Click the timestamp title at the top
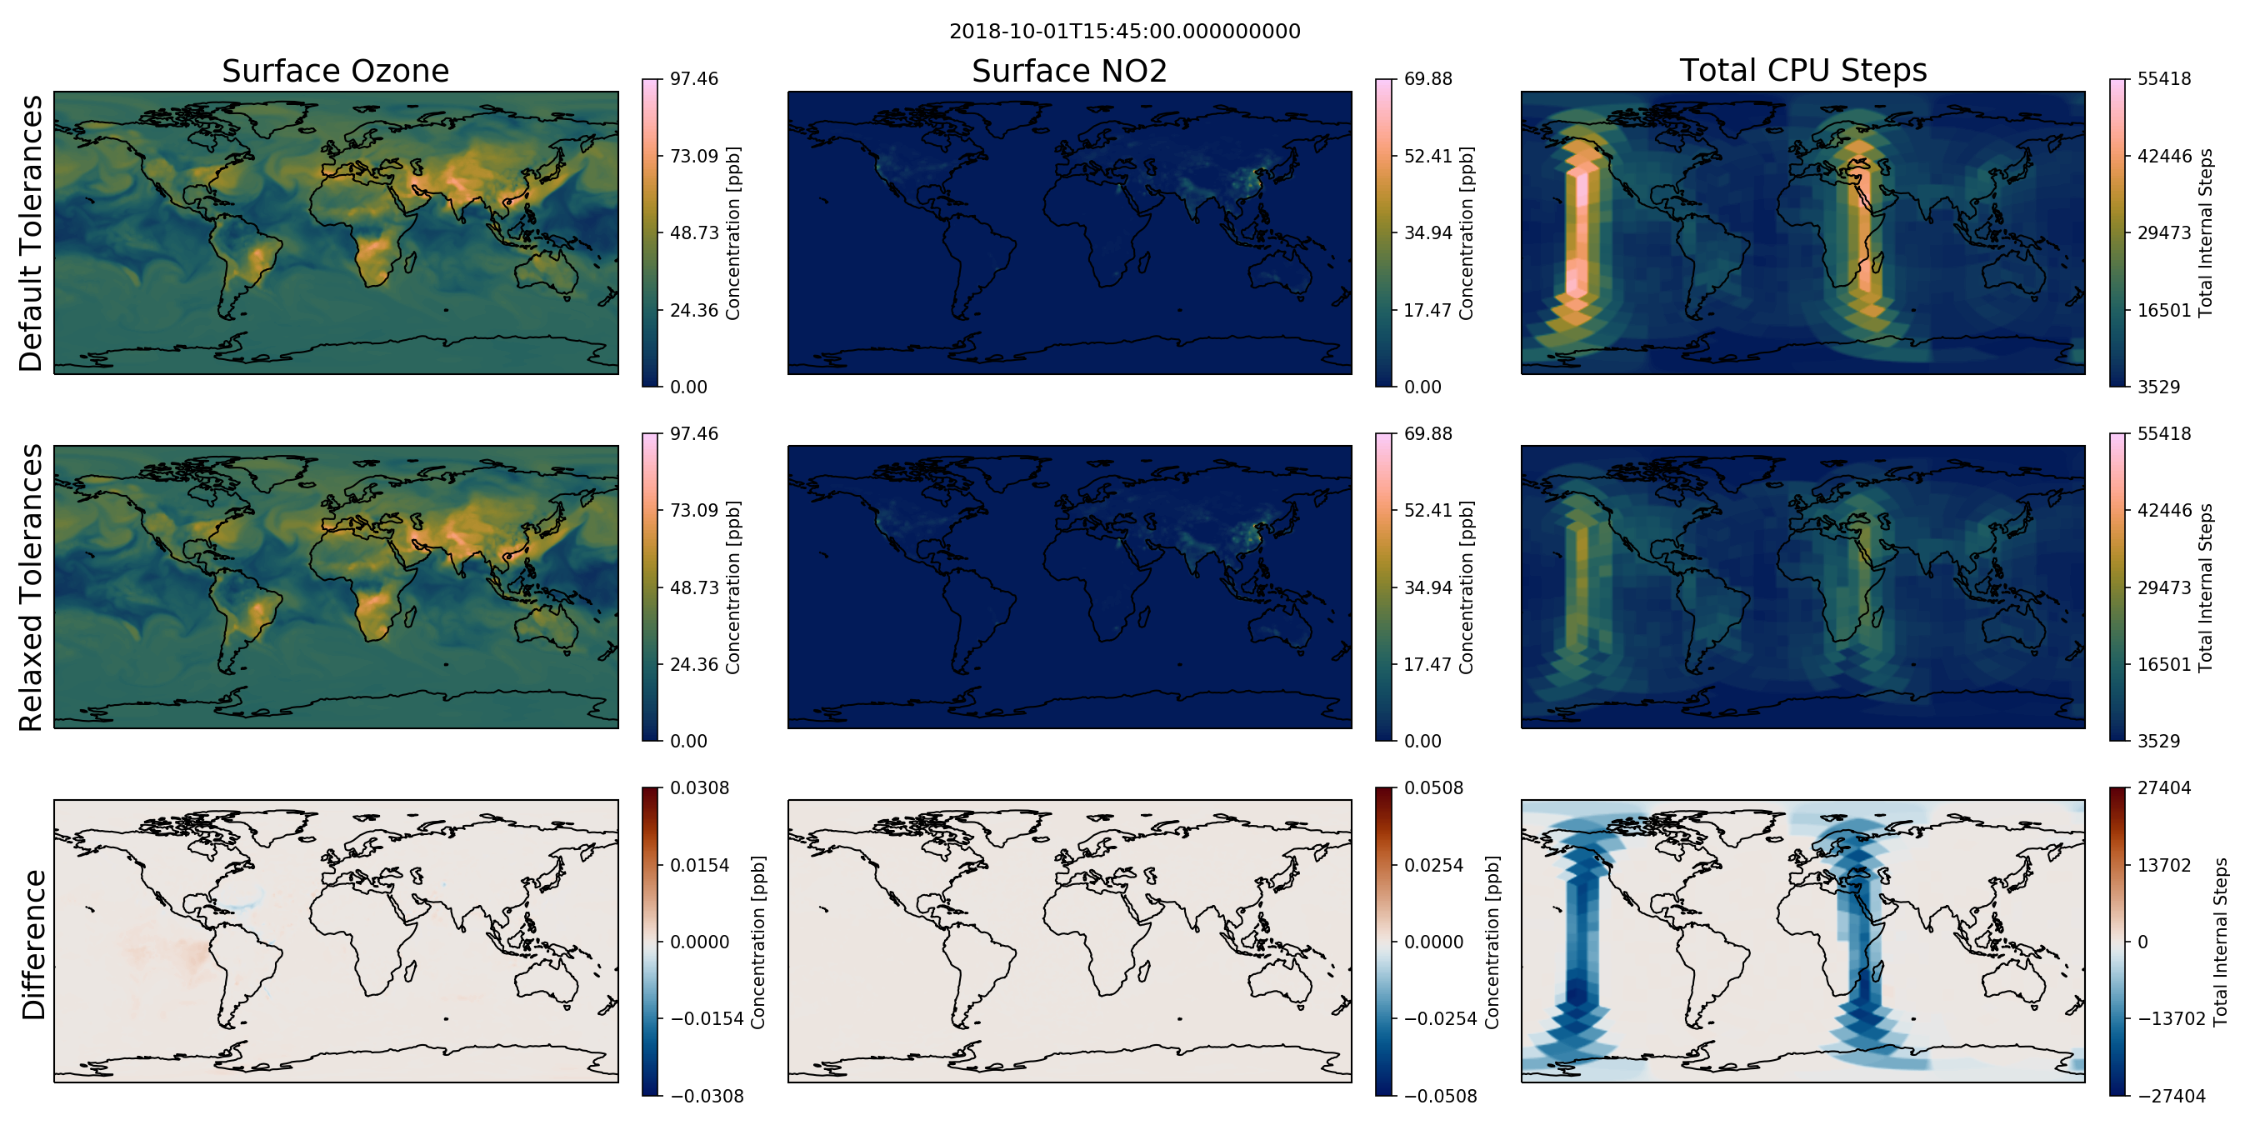[1124, 32]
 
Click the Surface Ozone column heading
[335, 71]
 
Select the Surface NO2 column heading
[1069, 71]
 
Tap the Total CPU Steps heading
[1802, 70]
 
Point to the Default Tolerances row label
[31, 233]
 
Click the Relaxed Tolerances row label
[31, 587]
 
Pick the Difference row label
[32, 945]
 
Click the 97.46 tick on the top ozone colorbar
[693, 78]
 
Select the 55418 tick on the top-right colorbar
[2163, 78]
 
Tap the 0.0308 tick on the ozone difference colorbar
[700, 787]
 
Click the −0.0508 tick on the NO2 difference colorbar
[1440, 1096]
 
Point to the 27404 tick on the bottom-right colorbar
[2163, 787]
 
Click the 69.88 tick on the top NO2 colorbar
[1427, 78]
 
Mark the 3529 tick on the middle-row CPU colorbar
[2158, 742]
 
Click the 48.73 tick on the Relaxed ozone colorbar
[693, 587]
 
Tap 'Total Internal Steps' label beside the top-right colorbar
[2206, 232]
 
